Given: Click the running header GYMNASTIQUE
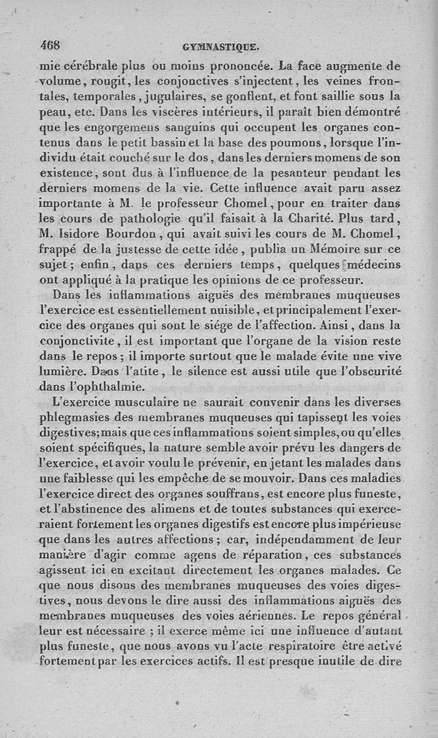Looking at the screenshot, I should point(221,47).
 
